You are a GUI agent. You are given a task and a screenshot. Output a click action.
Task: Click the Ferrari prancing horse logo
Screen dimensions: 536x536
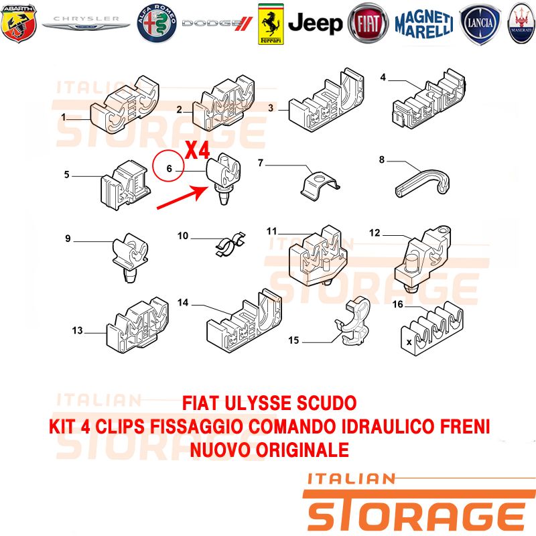pyautogui.click(x=271, y=24)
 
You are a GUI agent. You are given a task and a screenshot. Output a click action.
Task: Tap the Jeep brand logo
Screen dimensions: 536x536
pyautogui.click(x=315, y=23)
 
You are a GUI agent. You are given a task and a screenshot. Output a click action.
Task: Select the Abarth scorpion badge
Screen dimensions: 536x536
pyautogui.click(x=19, y=23)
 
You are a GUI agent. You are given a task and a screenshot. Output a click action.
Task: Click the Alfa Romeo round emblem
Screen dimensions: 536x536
pyautogui.click(x=157, y=23)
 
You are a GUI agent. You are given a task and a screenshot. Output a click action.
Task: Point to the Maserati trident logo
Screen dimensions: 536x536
pyautogui.click(x=522, y=23)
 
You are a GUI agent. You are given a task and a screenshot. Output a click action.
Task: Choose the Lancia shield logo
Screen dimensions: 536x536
pyautogui.click(x=480, y=24)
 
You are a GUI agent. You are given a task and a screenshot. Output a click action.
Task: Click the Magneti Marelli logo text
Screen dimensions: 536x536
pyautogui.click(x=424, y=23)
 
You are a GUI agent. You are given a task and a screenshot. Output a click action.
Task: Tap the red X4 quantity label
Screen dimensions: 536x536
pyautogui.click(x=197, y=150)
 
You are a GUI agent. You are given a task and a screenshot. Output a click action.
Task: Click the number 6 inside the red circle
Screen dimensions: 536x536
pyautogui.click(x=169, y=168)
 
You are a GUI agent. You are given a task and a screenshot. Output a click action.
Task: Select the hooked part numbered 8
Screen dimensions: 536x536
pyautogui.click(x=423, y=182)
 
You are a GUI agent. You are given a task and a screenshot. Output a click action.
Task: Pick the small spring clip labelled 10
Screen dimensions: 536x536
pyautogui.click(x=231, y=244)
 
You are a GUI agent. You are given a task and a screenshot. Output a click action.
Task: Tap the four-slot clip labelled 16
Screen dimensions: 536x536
pyautogui.click(x=432, y=329)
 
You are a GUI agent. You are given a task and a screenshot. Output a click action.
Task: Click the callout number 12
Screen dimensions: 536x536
pyautogui.click(x=375, y=232)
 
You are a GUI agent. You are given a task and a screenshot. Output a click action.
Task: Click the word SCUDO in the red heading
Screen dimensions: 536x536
pyautogui.click(x=326, y=403)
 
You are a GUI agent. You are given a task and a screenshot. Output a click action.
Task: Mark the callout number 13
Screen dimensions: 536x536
pyautogui.click(x=77, y=330)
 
